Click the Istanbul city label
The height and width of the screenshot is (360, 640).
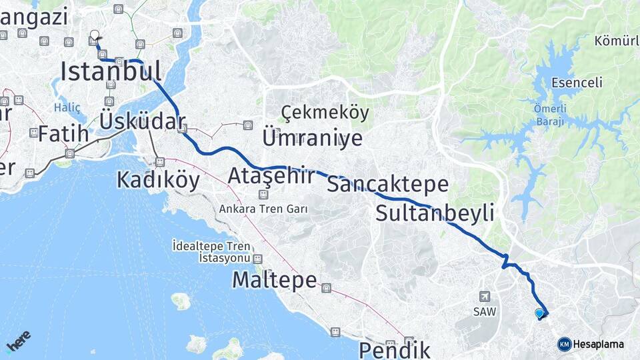coord(111,71)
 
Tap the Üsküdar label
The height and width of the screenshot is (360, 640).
coord(142,121)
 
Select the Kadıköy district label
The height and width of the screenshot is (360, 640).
coord(158,179)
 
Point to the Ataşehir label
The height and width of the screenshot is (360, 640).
coord(271,176)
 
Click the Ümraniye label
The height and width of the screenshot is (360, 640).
coord(313,138)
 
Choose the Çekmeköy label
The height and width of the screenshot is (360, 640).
coord(325,113)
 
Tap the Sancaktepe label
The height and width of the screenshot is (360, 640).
coord(387,184)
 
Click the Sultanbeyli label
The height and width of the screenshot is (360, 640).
coord(435,213)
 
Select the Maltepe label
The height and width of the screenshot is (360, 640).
coord(274,280)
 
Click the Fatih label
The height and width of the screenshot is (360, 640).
coord(63,133)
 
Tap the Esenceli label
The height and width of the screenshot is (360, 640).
coord(577,83)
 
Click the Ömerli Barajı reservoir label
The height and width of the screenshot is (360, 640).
coord(550,115)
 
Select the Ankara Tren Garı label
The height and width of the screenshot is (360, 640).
coord(263,209)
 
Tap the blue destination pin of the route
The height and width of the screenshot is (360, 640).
coord(539,313)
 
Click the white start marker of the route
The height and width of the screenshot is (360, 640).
coord(94,35)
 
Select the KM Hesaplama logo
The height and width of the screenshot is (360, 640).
coord(591,344)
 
